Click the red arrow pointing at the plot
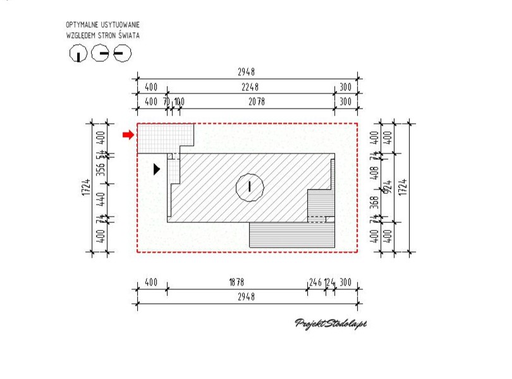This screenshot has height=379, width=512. pos(128,135)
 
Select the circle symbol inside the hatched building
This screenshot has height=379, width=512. pos(249,186)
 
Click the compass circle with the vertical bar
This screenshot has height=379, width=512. pos(78,54)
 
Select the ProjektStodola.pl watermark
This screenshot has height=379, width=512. pos(331,323)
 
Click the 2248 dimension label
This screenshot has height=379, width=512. pos(250,87)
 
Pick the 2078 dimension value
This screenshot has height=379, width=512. pos(257,101)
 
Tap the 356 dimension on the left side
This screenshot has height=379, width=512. pos(99,171)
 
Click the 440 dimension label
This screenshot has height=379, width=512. pos(99,200)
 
